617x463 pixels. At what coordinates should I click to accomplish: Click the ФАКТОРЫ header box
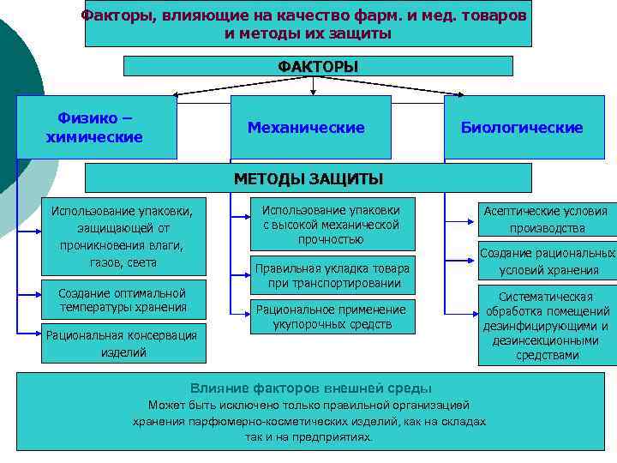(318, 67)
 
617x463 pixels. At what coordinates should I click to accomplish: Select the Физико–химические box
(95, 127)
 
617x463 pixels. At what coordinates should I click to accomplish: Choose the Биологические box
(522, 128)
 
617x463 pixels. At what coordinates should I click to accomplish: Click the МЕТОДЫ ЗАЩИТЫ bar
(308, 178)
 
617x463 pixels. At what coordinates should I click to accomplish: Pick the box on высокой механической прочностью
(331, 225)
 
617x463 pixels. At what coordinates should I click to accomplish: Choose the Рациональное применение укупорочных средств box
(331, 316)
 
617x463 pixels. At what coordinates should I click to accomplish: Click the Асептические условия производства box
(547, 219)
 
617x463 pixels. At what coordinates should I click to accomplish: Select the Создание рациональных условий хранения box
(548, 262)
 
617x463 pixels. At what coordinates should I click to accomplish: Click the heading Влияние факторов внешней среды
(310, 388)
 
